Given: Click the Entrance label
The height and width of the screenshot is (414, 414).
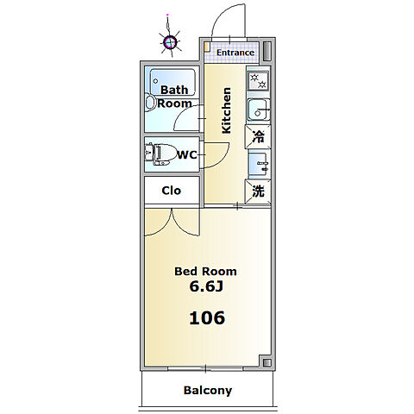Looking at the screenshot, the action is (235, 53).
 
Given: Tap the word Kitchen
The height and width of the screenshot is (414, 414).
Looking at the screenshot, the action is (226, 110).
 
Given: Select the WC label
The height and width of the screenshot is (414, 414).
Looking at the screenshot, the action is (187, 155).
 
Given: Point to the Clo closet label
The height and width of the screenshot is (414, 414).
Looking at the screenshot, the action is (172, 191).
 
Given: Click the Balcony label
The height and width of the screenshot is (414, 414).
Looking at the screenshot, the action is (208, 391).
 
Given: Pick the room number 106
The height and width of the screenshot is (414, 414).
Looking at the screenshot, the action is (207, 318).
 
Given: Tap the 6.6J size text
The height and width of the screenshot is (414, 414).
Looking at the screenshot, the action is (206, 286).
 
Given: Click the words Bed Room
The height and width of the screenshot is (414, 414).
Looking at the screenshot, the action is (205, 271).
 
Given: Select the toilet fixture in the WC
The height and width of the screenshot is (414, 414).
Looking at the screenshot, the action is (160, 154).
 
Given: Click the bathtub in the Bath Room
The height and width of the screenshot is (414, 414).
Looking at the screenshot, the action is (173, 82).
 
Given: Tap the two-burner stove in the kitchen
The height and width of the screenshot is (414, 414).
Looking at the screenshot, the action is (258, 81).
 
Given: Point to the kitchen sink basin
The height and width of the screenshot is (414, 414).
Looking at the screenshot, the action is (258, 110).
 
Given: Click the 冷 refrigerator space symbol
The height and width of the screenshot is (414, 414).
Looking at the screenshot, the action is (258, 137).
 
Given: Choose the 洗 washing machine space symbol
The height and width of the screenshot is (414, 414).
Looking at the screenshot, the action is (258, 191).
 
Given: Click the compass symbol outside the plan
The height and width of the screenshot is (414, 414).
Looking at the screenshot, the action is (170, 42).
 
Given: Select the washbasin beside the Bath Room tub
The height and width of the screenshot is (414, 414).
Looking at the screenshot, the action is (150, 103).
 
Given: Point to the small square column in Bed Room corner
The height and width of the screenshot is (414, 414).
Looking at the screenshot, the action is (267, 362).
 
